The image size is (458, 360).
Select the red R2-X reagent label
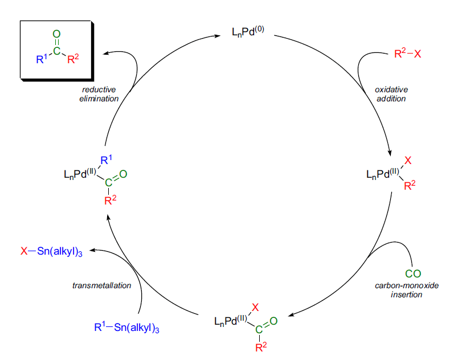[407, 55]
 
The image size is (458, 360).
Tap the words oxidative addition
[391, 94]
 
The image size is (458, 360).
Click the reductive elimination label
[99, 94]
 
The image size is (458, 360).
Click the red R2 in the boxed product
[73, 59]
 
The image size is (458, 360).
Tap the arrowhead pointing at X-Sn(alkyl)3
[93, 249]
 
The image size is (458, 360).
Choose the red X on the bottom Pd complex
[255, 308]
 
